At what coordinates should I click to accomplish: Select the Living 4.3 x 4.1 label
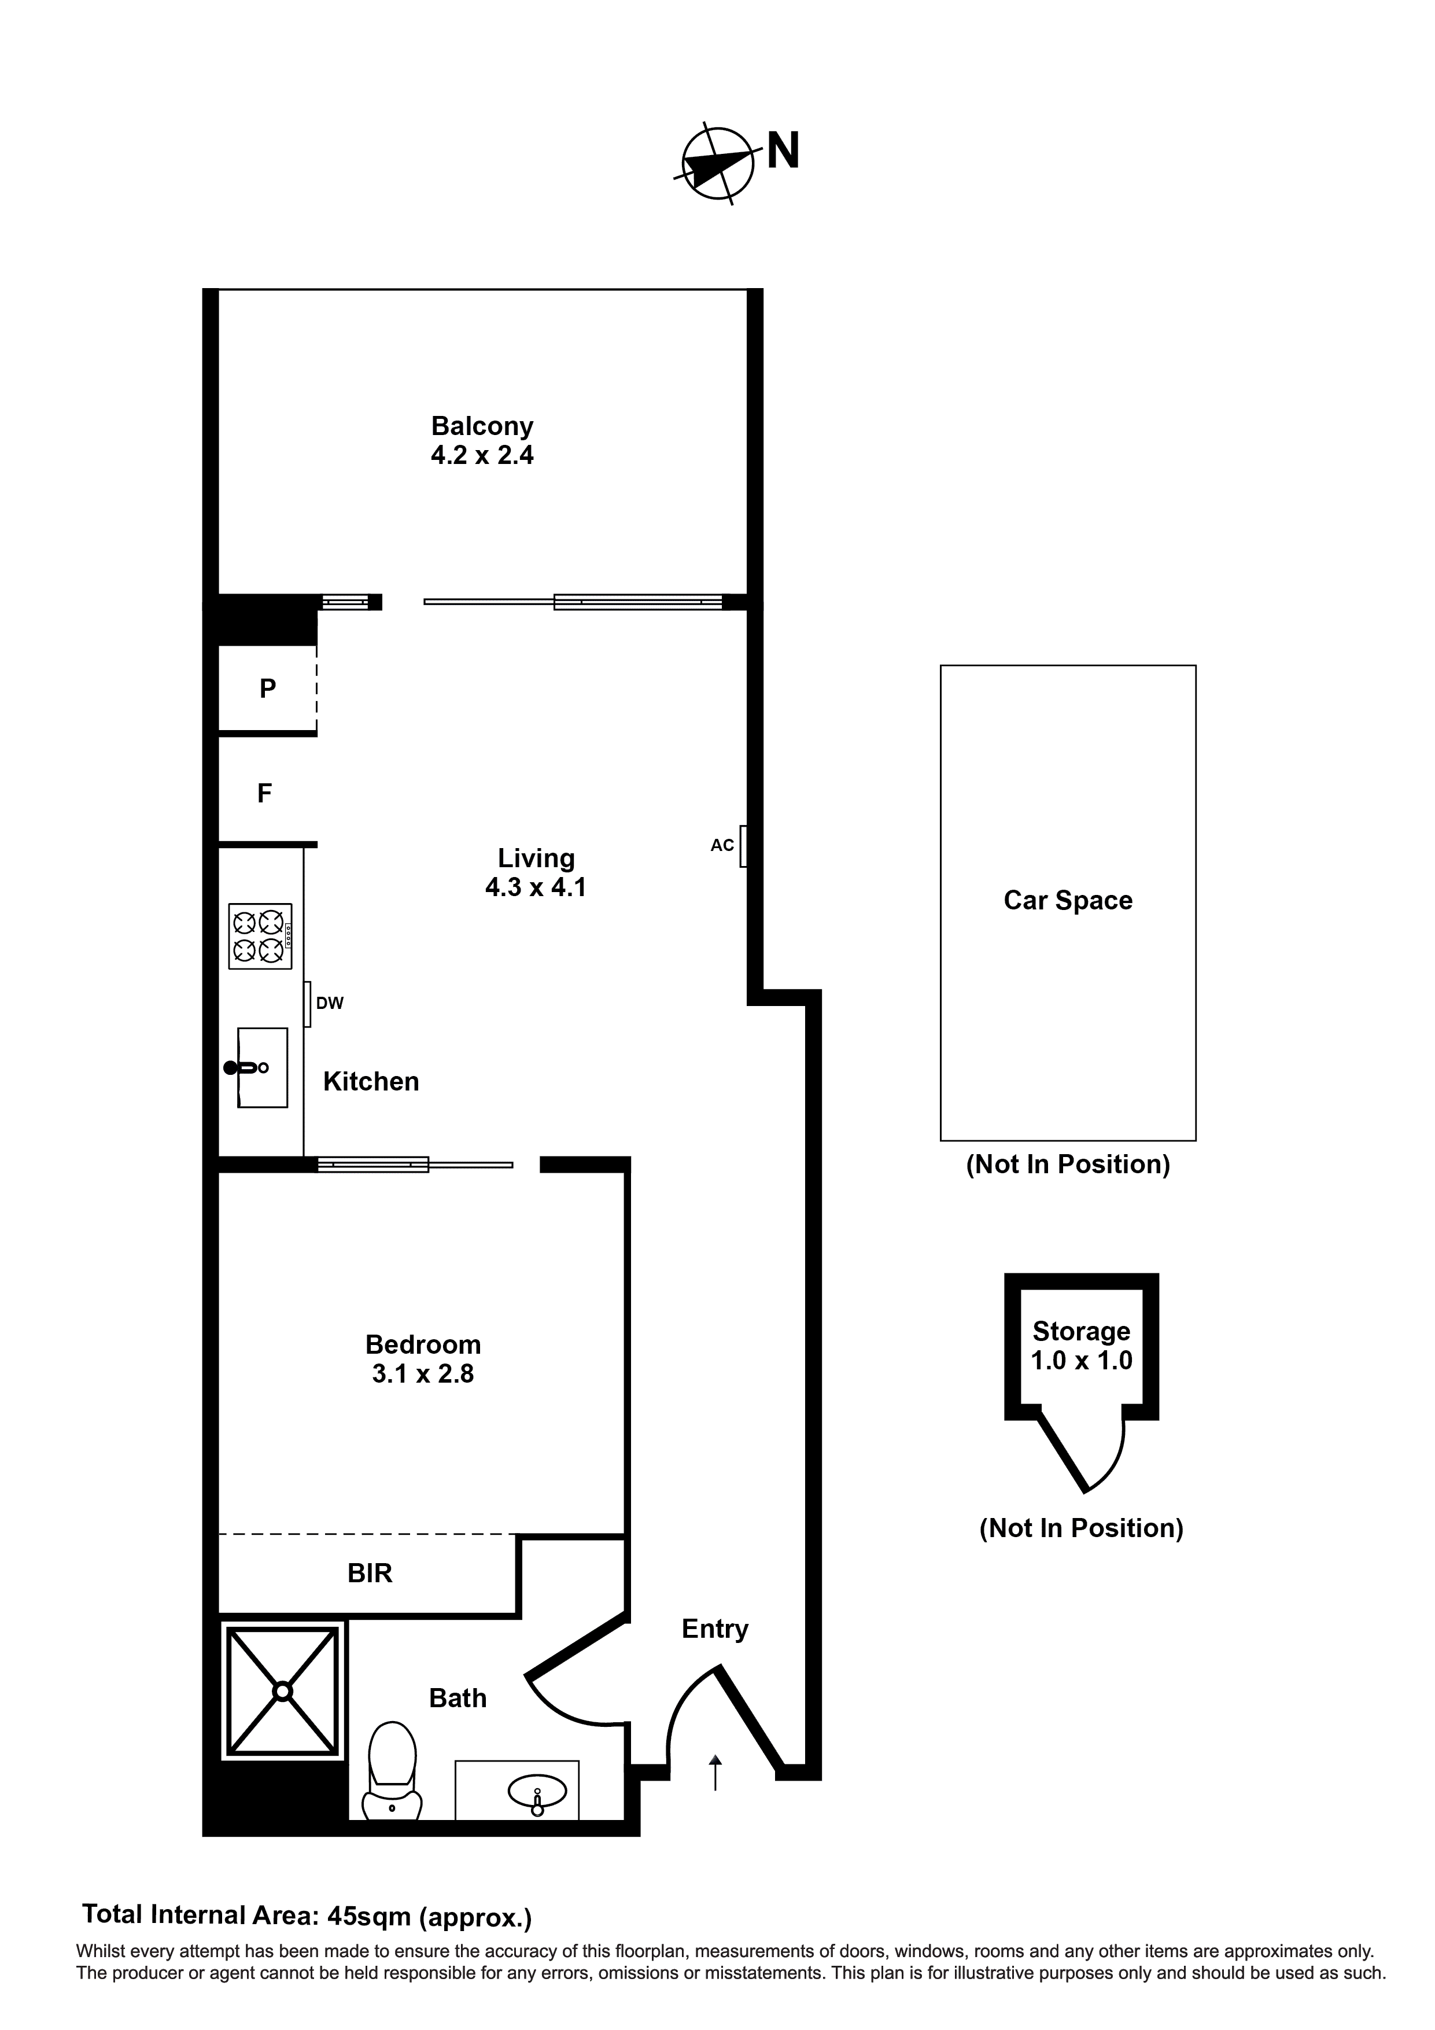click(x=536, y=872)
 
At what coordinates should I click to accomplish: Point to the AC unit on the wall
click(x=744, y=846)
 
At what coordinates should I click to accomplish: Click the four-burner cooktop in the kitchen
click(x=260, y=936)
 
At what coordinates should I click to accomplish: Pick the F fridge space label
click(x=264, y=794)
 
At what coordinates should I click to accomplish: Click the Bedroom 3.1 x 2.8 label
click(x=423, y=1359)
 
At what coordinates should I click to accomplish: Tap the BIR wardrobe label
click(x=370, y=1573)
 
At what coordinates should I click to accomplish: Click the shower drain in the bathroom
click(x=282, y=1692)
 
